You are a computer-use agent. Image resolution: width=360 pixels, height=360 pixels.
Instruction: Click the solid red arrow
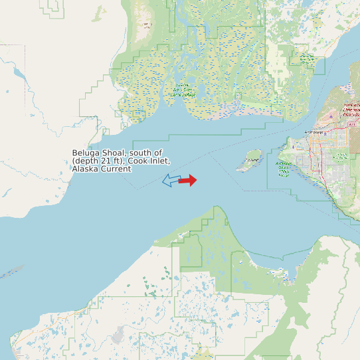(x=188, y=180)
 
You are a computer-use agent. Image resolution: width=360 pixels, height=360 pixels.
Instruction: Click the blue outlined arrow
(x=171, y=180)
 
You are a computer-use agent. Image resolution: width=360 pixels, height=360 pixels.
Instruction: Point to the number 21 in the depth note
(x=109, y=161)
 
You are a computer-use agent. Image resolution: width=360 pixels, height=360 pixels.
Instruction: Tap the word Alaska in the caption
(x=84, y=169)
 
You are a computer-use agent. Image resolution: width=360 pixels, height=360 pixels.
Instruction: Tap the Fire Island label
(x=252, y=160)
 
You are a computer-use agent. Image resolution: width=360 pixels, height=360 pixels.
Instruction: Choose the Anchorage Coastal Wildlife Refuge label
(x=284, y=169)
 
